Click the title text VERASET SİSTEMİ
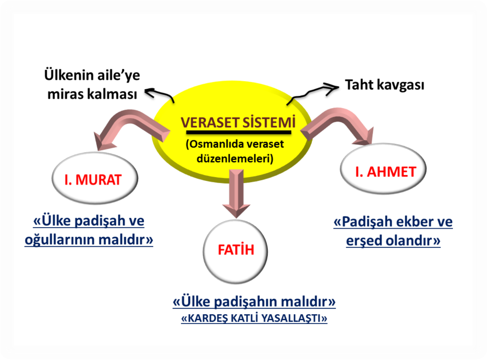pyautogui.click(x=238, y=122)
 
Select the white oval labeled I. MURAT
pyautogui.click(x=95, y=178)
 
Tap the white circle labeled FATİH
pyautogui.click(x=235, y=251)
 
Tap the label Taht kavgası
pyautogui.click(x=385, y=85)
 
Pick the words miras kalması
pyautogui.click(x=92, y=94)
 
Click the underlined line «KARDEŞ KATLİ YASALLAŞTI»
pyautogui.click(x=254, y=318)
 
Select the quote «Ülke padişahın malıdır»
pyautogui.click(x=254, y=301)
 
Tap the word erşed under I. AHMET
pyautogui.click(x=364, y=240)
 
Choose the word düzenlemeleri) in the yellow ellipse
pyautogui.click(x=235, y=159)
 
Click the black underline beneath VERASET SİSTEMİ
pyautogui.click(x=238, y=132)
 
